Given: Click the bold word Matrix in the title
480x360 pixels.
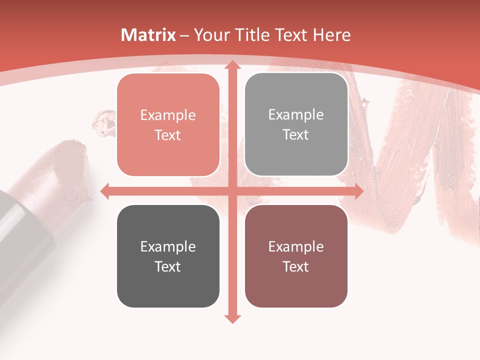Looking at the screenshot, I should [x=148, y=35].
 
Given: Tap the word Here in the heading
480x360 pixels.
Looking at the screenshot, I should [x=332, y=35].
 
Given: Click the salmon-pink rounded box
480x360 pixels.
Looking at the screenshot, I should [x=168, y=125].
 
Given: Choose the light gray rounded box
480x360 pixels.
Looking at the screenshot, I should [x=296, y=124].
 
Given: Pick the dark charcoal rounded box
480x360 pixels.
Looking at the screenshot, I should [x=168, y=256].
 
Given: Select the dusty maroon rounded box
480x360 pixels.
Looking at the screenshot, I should [x=296, y=256].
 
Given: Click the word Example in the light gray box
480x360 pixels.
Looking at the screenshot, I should [x=296, y=115].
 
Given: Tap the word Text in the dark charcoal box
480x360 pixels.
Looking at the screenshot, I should [x=168, y=266].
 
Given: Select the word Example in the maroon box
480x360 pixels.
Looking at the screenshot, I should [x=296, y=246].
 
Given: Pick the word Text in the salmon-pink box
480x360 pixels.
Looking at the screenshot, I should [x=168, y=135].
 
